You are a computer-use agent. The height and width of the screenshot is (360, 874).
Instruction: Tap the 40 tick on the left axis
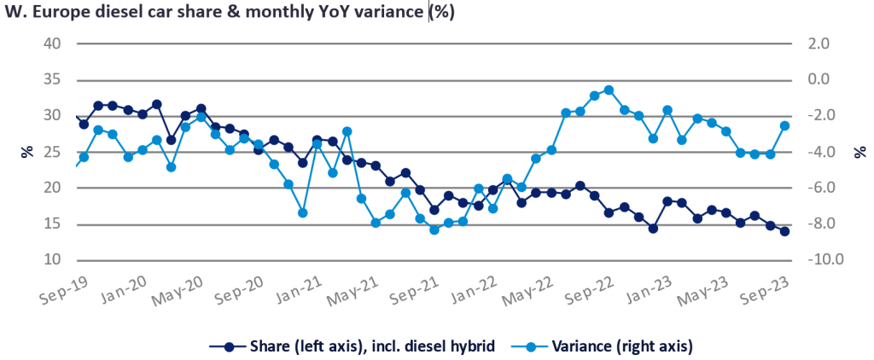coord(54,44)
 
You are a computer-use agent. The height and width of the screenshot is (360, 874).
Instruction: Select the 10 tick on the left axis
coord(54,260)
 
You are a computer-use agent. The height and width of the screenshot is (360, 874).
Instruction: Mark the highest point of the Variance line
coord(609,90)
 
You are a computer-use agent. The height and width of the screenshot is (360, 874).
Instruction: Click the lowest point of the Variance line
coord(434,229)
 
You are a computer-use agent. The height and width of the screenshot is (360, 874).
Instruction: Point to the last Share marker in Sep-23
coord(784,231)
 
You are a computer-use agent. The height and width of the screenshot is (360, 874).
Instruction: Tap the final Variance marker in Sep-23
coord(784,125)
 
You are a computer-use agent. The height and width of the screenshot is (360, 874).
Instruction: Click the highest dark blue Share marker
coord(157,104)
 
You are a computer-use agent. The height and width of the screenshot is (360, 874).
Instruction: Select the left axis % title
coord(27,152)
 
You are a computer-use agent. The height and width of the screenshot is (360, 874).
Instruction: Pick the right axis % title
coord(858,152)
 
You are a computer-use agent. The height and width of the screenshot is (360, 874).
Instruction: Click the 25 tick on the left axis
coord(54,152)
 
